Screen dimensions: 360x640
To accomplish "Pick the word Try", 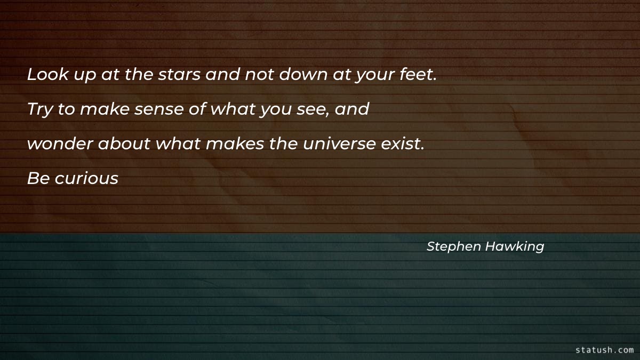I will point(37,110).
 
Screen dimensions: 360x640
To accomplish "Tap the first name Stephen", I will point(454,246).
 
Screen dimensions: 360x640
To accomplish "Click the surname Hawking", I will point(514,246).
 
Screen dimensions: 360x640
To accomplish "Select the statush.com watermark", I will point(604,350).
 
